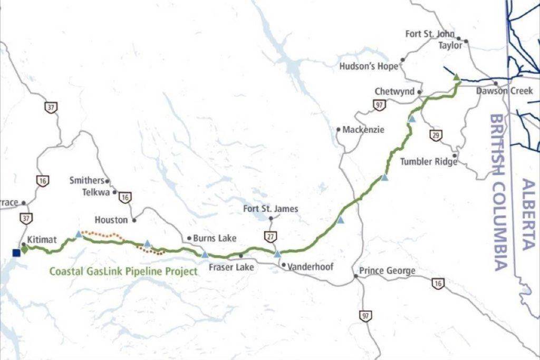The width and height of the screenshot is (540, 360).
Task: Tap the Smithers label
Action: tap(86, 181)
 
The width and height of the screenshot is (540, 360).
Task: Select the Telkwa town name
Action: tap(95, 192)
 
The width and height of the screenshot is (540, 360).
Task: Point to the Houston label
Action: tap(111, 219)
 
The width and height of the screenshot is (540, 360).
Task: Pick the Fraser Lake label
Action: tap(231, 267)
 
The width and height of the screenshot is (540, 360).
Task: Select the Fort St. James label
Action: tap(271, 209)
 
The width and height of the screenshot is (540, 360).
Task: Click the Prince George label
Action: tap(387, 271)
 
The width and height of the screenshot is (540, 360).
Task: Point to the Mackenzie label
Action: tap(363, 129)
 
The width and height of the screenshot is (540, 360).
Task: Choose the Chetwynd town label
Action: tap(394, 92)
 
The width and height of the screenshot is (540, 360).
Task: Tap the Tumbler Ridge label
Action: tap(427, 161)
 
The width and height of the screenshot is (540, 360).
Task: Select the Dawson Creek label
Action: tap(505, 91)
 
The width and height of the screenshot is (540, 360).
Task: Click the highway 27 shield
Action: tap(271, 237)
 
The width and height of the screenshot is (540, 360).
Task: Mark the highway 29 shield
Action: tap(436, 135)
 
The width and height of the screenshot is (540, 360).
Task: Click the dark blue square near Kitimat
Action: tap(16, 253)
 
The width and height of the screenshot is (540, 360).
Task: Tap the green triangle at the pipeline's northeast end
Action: tap(457, 77)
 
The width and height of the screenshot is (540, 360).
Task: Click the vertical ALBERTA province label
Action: tap(528, 215)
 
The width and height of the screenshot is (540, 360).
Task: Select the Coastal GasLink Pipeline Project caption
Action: tap(123, 272)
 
